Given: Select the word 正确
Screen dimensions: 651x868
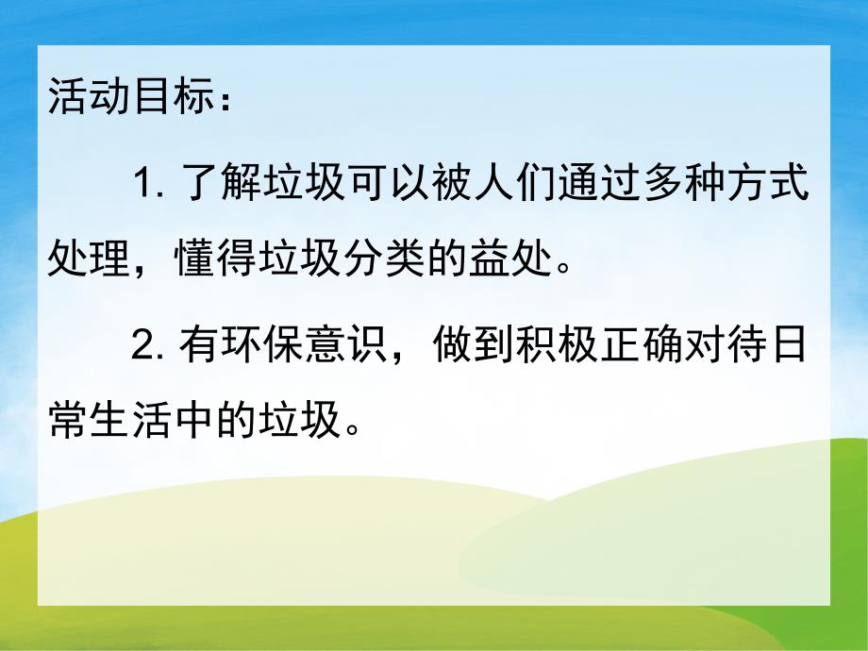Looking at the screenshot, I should click(x=626, y=348).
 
